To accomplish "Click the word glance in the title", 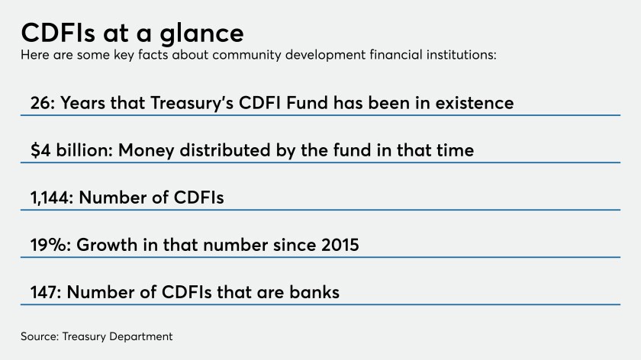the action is [x=201, y=34].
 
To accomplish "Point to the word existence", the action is [x=474, y=103].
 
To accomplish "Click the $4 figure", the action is [x=40, y=150].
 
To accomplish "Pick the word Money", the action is [x=147, y=151].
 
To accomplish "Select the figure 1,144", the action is [x=52, y=198].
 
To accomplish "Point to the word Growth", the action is [x=107, y=245].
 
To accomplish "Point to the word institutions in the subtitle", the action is [x=461, y=54].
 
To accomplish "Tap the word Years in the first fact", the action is [x=83, y=103].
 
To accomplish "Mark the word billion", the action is [x=84, y=150].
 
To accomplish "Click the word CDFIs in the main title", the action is [x=58, y=33].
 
